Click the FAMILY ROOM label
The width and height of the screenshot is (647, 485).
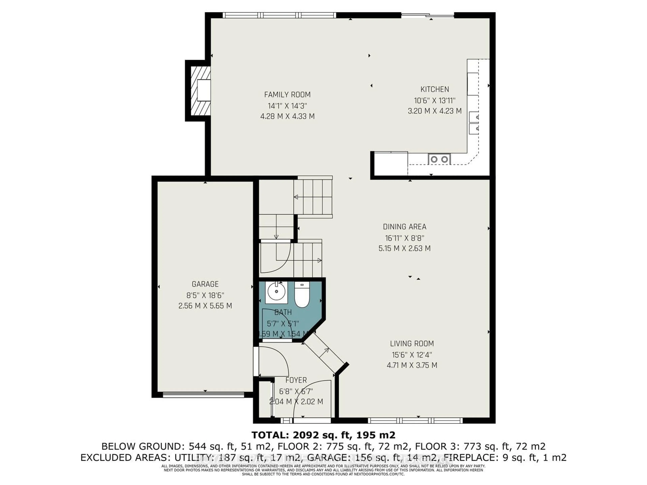pos(287,95)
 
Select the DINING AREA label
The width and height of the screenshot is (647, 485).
pos(405,227)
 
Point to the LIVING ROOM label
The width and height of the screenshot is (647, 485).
pos(412,344)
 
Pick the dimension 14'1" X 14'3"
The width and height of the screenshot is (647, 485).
pos(287,106)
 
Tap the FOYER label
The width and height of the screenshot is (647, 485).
pos(296,380)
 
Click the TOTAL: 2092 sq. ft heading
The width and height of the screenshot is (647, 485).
pos(323,435)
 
